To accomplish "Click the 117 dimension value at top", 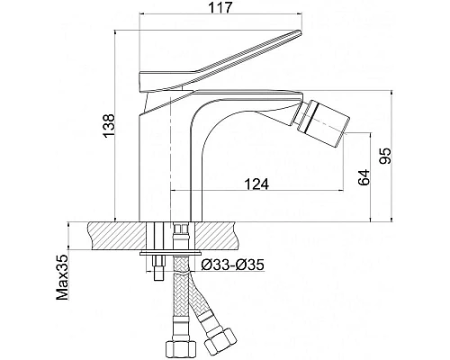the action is pyautogui.click(x=220, y=7).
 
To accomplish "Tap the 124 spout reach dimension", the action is pyautogui.click(x=256, y=184).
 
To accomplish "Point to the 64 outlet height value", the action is pyautogui.click(x=364, y=177).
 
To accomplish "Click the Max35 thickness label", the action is pyautogui.click(x=63, y=277).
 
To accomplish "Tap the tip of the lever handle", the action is pyautogui.click(x=299, y=31).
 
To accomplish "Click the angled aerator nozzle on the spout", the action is pyautogui.click(x=323, y=123).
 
